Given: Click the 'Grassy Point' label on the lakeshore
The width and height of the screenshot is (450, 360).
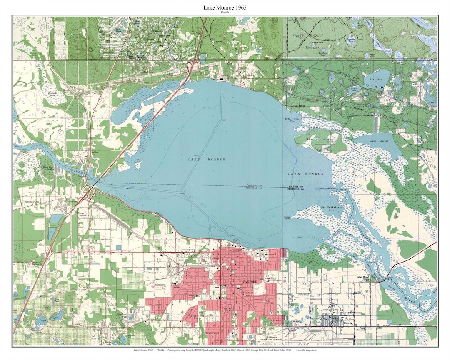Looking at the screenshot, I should (x=287, y=217).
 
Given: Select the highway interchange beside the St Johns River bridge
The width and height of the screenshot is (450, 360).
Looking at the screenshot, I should (x=89, y=192).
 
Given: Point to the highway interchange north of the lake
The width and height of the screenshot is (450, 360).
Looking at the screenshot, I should (x=194, y=65).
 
